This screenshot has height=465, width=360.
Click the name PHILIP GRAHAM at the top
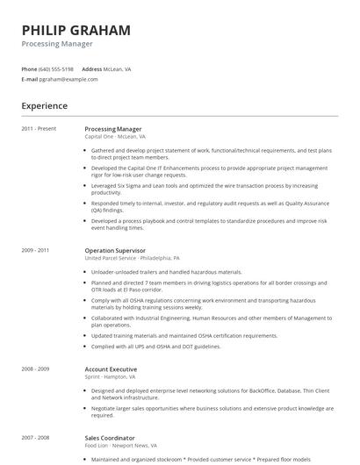click(x=76, y=30)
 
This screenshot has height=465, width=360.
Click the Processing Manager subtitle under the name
click(x=57, y=44)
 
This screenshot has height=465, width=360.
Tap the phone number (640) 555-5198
click(x=57, y=68)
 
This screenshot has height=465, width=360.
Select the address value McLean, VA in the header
click(x=118, y=68)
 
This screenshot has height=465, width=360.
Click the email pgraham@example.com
click(x=68, y=79)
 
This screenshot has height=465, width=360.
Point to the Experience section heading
click(x=45, y=106)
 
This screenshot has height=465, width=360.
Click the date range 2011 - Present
click(x=40, y=129)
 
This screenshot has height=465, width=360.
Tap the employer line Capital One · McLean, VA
click(x=115, y=137)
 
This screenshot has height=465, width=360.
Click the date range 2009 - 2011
click(x=36, y=250)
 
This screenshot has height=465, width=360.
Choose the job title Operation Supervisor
click(x=115, y=250)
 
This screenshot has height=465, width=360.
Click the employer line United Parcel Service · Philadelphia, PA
click(x=132, y=259)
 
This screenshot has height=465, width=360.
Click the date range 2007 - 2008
click(x=36, y=438)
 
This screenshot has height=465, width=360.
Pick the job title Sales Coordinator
click(x=110, y=438)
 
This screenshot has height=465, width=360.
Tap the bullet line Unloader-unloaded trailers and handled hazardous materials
click(x=166, y=272)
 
